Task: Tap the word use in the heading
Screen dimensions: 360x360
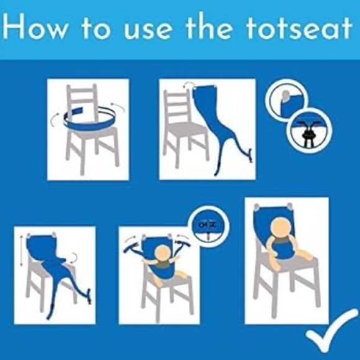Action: coord(149,29)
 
